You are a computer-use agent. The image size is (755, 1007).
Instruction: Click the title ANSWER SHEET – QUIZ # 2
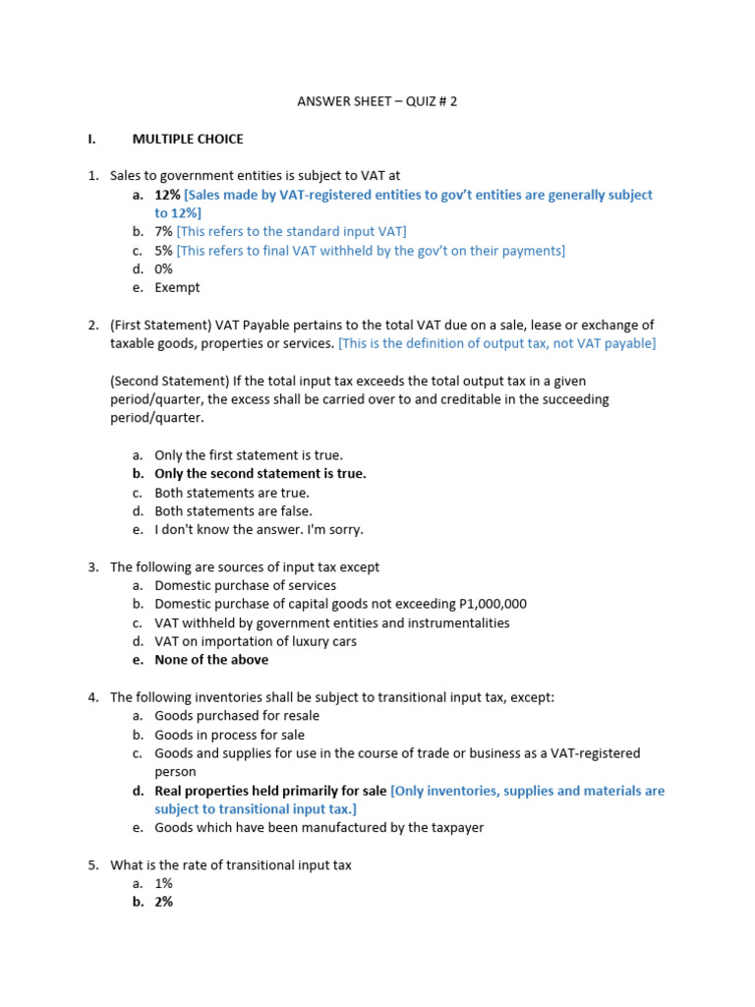click(377, 101)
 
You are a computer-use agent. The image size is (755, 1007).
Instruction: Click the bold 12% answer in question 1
click(167, 195)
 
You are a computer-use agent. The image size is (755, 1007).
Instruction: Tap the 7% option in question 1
click(163, 231)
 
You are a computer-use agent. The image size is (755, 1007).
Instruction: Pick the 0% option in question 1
click(163, 268)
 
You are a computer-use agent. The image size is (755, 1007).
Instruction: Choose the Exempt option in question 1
click(177, 287)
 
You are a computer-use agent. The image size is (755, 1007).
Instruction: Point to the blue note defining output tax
click(496, 343)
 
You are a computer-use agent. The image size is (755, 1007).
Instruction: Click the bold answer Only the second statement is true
click(261, 473)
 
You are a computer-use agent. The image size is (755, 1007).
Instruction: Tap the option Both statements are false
click(233, 511)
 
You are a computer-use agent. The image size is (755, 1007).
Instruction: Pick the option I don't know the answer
click(259, 529)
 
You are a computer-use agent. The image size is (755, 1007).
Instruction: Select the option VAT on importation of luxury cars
click(256, 641)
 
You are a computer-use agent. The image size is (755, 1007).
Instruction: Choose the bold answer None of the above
click(211, 660)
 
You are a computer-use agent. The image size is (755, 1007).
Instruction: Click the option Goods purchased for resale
click(237, 716)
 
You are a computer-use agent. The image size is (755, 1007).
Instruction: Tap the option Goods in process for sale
click(229, 735)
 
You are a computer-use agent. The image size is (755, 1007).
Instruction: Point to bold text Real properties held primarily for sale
click(270, 791)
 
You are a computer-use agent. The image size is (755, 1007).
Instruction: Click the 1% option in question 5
click(163, 883)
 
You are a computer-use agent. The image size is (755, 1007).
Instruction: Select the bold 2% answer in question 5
click(163, 901)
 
